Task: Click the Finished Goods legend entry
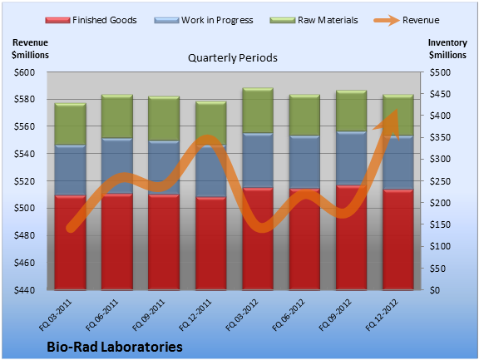click(x=91, y=20)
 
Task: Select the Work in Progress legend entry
click(x=204, y=20)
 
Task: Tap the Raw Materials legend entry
click(x=314, y=20)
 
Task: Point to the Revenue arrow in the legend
click(x=387, y=21)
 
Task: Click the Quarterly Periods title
click(x=233, y=57)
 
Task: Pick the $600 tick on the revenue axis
click(x=24, y=72)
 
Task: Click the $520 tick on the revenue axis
click(x=24, y=181)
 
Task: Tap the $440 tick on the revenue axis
click(x=24, y=290)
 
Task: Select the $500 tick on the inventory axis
click(x=440, y=72)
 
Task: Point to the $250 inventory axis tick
click(x=440, y=181)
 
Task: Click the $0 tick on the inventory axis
click(x=435, y=290)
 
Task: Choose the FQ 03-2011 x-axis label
click(x=56, y=315)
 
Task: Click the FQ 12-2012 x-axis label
click(x=383, y=315)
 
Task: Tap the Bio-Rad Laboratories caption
click(x=115, y=347)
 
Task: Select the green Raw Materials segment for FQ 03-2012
click(x=258, y=111)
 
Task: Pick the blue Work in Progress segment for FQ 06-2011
click(x=117, y=165)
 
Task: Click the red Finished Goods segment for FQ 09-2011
click(x=164, y=242)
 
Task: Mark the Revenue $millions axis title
click(x=30, y=49)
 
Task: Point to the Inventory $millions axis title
click(x=447, y=49)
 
